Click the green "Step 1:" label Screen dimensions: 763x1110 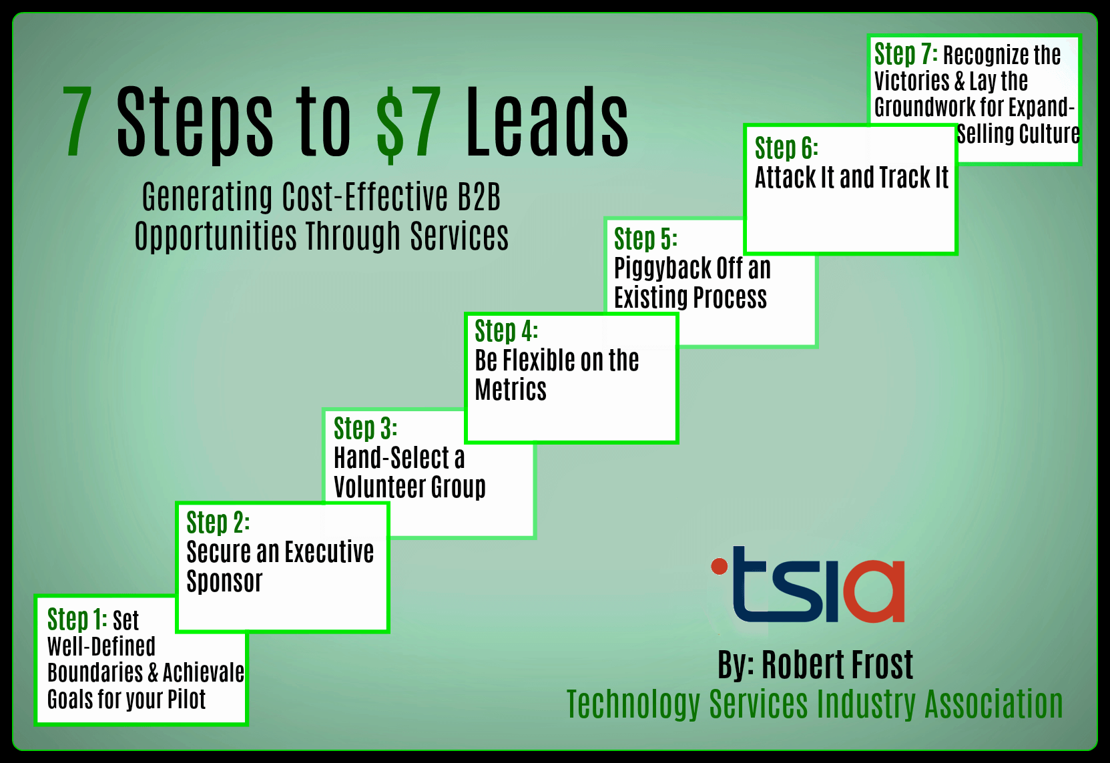click(77, 620)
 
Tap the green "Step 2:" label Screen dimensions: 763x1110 click(218, 523)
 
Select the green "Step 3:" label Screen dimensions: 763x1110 click(365, 429)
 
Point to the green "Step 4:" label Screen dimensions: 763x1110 click(506, 331)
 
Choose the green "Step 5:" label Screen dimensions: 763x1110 click(645, 239)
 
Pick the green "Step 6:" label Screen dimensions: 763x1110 click(786, 148)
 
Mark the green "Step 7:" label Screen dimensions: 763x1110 click(906, 54)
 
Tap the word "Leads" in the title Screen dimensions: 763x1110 click(547, 123)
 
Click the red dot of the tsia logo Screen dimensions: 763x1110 click(720, 567)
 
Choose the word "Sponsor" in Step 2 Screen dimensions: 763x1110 click(224, 581)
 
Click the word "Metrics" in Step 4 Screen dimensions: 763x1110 click(511, 390)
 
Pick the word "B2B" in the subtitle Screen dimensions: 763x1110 click(479, 198)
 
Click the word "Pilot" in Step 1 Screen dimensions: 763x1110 click(186, 700)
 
